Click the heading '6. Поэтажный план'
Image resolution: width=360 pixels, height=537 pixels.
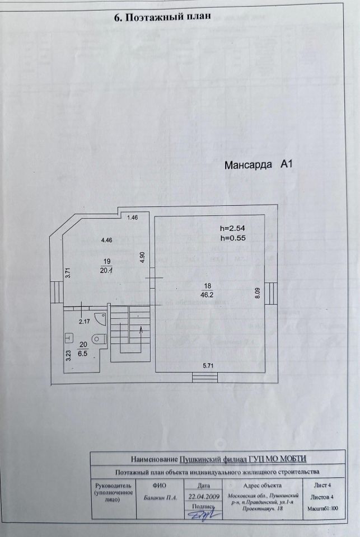[162, 16]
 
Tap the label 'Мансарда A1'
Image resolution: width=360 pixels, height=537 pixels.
[259, 165]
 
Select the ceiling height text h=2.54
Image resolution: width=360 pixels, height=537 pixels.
[233, 228]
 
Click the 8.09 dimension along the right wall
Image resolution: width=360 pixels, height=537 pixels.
[258, 294]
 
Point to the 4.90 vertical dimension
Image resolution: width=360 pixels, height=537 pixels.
[143, 257]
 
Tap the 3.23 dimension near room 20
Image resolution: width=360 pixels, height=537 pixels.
[68, 356]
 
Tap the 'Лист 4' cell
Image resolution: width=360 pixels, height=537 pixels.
[322, 486]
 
